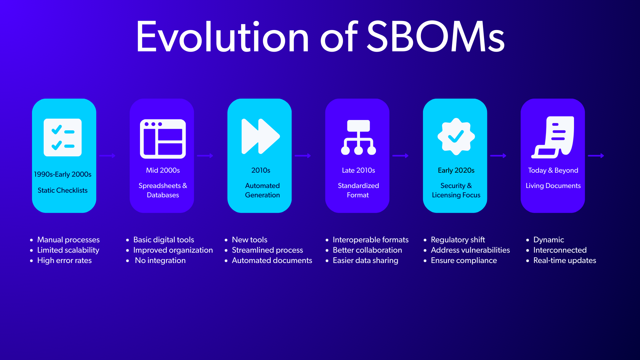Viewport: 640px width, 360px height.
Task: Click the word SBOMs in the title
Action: tap(436, 37)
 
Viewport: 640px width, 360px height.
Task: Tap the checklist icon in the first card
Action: tap(63, 137)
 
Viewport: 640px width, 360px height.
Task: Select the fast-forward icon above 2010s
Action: tap(261, 136)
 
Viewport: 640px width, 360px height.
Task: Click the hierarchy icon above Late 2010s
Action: tap(358, 137)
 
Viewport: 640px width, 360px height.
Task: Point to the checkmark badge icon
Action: tap(456, 137)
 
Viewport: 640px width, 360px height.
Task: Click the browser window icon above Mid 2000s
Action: tap(163, 139)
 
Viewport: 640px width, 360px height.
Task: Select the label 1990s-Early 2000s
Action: tap(63, 174)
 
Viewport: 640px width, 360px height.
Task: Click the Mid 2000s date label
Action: tap(163, 170)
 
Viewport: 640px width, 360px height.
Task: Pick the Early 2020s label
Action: tap(456, 170)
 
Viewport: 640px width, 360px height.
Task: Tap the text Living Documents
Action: tap(553, 186)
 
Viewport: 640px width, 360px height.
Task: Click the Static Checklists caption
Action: tap(63, 190)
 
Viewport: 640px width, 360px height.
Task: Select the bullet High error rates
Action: tap(64, 260)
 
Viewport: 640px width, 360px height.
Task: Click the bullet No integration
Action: tap(160, 260)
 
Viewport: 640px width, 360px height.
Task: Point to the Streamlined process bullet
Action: tap(267, 250)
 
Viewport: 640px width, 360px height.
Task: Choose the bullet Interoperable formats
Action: tap(371, 240)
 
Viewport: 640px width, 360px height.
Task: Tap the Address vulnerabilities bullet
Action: tap(470, 250)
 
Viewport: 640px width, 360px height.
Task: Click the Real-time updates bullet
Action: tap(565, 260)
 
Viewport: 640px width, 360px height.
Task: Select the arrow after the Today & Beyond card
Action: tap(596, 156)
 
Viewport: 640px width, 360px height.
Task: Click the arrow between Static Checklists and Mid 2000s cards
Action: tap(107, 156)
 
